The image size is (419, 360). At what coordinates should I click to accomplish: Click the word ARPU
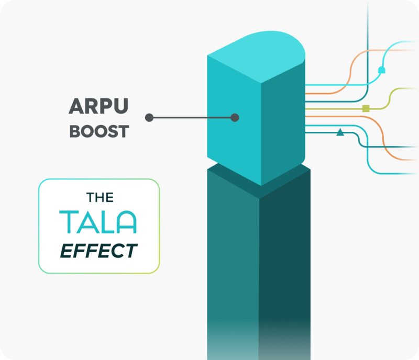pos(98,107)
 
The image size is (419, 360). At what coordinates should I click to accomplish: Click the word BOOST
pos(98,131)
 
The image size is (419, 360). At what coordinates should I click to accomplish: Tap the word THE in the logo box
pos(99,198)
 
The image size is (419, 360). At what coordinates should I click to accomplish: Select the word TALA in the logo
pos(98,222)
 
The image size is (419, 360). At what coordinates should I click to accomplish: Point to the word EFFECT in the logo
pos(98,251)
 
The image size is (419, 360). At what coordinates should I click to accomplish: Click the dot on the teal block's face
pos(235,118)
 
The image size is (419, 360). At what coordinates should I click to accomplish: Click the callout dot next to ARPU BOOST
pos(149,118)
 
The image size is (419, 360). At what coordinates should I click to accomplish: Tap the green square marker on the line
pos(366,108)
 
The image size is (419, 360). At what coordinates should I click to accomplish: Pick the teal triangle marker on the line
pos(340,132)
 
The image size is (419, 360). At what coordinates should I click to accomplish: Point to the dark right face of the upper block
pos(283,120)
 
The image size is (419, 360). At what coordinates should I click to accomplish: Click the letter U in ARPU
pos(120,107)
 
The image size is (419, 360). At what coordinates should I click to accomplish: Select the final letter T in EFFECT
pos(131,251)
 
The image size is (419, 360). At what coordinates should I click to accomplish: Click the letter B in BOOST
pos(75,131)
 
